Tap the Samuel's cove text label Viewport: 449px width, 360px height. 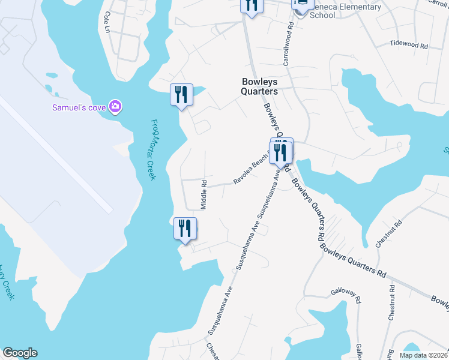[x=78, y=107]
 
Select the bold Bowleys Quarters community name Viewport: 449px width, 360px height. [x=260, y=86]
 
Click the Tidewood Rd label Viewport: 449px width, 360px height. [x=408, y=44]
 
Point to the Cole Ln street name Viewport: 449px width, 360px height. [x=107, y=22]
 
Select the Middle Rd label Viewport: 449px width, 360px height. [x=204, y=194]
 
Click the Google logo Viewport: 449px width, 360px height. [x=20, y=353]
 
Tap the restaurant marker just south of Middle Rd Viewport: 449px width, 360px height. [x=185, y=229]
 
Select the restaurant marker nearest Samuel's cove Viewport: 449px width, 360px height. [x=181, y=95]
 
